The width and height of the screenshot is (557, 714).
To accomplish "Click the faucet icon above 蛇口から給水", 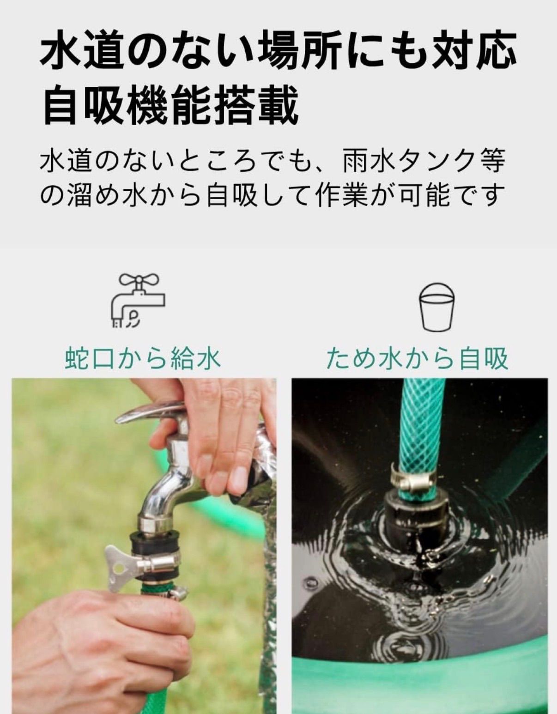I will (x=137, y=300).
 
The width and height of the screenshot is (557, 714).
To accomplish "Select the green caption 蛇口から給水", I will (x=143, y=358).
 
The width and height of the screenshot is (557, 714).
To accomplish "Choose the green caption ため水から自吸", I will (x=417, y=358).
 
